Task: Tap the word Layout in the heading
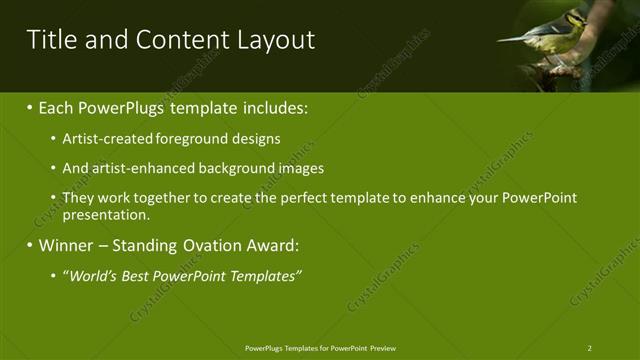coord(276,40)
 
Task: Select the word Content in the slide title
coord(178,40)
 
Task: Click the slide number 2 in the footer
coord(589,348)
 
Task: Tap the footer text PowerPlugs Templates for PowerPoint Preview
coord(320,348)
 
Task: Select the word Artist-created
coord(104,139)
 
